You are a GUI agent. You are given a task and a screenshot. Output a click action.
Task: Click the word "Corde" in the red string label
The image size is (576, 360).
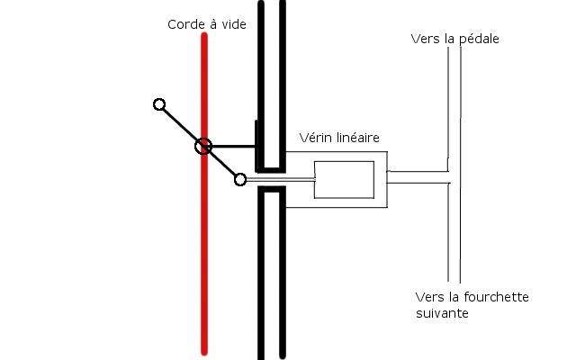coord(184,25)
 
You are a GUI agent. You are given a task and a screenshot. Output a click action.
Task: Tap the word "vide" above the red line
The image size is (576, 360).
coord(232,25)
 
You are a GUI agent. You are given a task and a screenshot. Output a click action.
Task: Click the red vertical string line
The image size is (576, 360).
coord(206,270)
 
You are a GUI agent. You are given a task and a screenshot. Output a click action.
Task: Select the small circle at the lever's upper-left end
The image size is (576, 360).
coord(159,105)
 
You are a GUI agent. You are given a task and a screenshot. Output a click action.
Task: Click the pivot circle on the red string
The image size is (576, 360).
coord(203,147)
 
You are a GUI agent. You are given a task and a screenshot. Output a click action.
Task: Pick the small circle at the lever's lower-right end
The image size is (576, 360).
coord(240,179)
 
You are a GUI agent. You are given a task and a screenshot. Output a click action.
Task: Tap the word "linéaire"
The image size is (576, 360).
coord(356,138)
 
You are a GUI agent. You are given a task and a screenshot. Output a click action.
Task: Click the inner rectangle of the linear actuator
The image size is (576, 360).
coord(344,179)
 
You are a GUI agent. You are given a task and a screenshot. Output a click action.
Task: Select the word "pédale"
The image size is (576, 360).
coord(478,39)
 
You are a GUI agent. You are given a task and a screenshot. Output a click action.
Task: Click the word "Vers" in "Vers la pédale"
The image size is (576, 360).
coord(425,39)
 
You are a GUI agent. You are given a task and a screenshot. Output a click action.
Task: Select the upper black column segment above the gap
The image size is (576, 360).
coord(272,81)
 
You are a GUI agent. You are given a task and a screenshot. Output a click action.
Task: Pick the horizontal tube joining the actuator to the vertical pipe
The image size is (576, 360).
coord(418,177)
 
